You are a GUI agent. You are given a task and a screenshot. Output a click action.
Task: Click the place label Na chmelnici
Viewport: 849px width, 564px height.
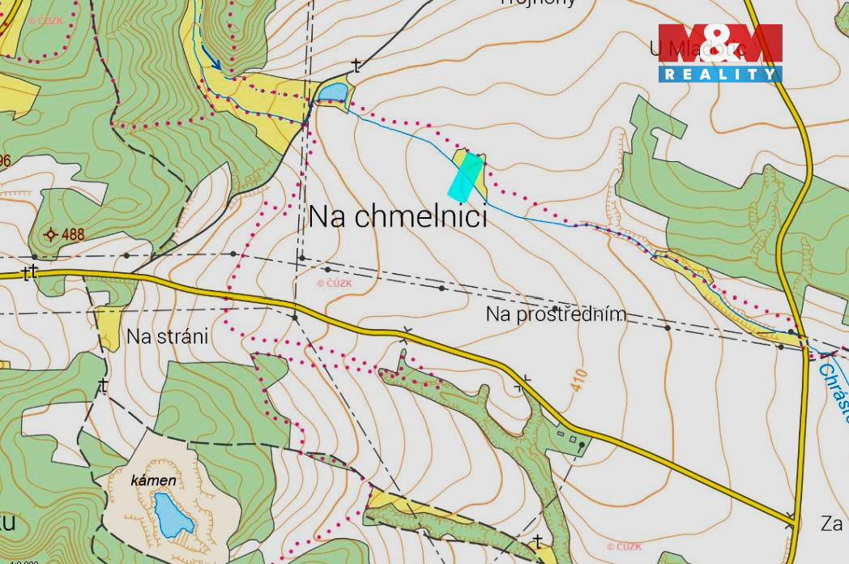point(398,217)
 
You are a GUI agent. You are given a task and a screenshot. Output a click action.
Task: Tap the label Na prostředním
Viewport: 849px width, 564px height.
point(556,314)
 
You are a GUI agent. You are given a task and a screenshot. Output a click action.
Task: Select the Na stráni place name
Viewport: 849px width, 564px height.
point(167,336)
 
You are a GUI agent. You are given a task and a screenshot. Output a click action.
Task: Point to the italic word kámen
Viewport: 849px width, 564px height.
point(153,481)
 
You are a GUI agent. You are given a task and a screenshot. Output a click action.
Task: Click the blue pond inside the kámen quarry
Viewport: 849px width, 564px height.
point(173,515)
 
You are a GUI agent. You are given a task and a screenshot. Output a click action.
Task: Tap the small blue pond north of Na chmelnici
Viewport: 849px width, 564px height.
point(332,93)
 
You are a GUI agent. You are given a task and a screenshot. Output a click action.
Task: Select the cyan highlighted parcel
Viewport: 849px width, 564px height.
point(466,177)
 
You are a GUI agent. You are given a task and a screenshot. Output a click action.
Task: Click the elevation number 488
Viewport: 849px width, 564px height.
point(72,235)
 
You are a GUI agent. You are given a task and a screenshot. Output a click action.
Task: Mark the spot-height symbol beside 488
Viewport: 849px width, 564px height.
point(50,235)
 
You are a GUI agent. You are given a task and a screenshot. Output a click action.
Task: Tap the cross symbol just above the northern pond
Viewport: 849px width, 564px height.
point(356,65)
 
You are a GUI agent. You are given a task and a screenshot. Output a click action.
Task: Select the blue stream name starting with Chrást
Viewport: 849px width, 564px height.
point(833,391)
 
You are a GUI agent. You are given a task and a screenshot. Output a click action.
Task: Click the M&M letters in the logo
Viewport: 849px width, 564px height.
point(719,44)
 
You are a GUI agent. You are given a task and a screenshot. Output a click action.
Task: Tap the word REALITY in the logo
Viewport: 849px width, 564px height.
point(719,75)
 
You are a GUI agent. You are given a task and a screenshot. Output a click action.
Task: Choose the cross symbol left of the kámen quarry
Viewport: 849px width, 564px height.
point(103,386)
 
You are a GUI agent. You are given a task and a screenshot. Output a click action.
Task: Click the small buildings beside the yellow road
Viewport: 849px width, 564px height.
point(572,439)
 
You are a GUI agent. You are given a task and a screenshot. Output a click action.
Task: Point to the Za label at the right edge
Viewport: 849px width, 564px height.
point(831,524)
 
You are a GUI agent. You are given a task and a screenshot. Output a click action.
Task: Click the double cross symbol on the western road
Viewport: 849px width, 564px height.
point(31,271)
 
